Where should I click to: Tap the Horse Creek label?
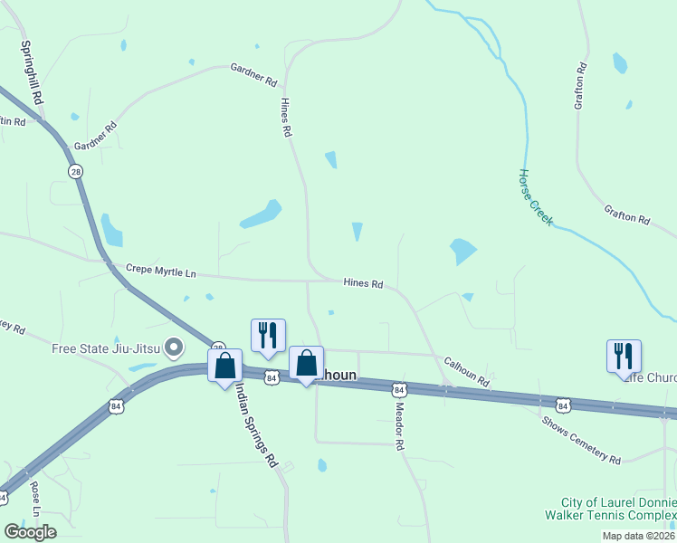[535, 197]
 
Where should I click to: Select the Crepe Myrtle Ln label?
[161, 271]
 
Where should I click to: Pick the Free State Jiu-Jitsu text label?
[106, 348]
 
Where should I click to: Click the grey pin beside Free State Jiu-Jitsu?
[176, 347]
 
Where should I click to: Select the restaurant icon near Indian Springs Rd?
[268, 335]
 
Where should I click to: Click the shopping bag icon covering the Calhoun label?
[306, 364]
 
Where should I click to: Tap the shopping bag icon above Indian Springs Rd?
[225, 367]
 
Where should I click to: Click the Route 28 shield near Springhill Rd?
[73, 171]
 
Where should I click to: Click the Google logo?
[30, 532]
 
